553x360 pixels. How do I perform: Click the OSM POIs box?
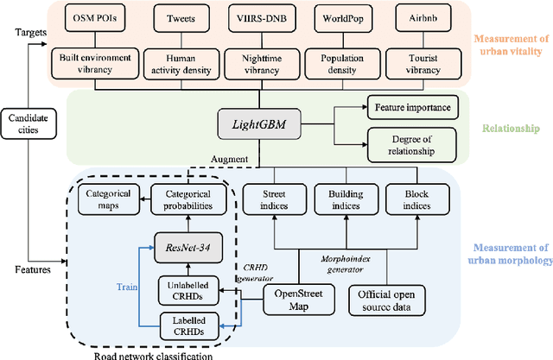pos(94,16)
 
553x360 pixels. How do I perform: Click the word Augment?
pos(229,160)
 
